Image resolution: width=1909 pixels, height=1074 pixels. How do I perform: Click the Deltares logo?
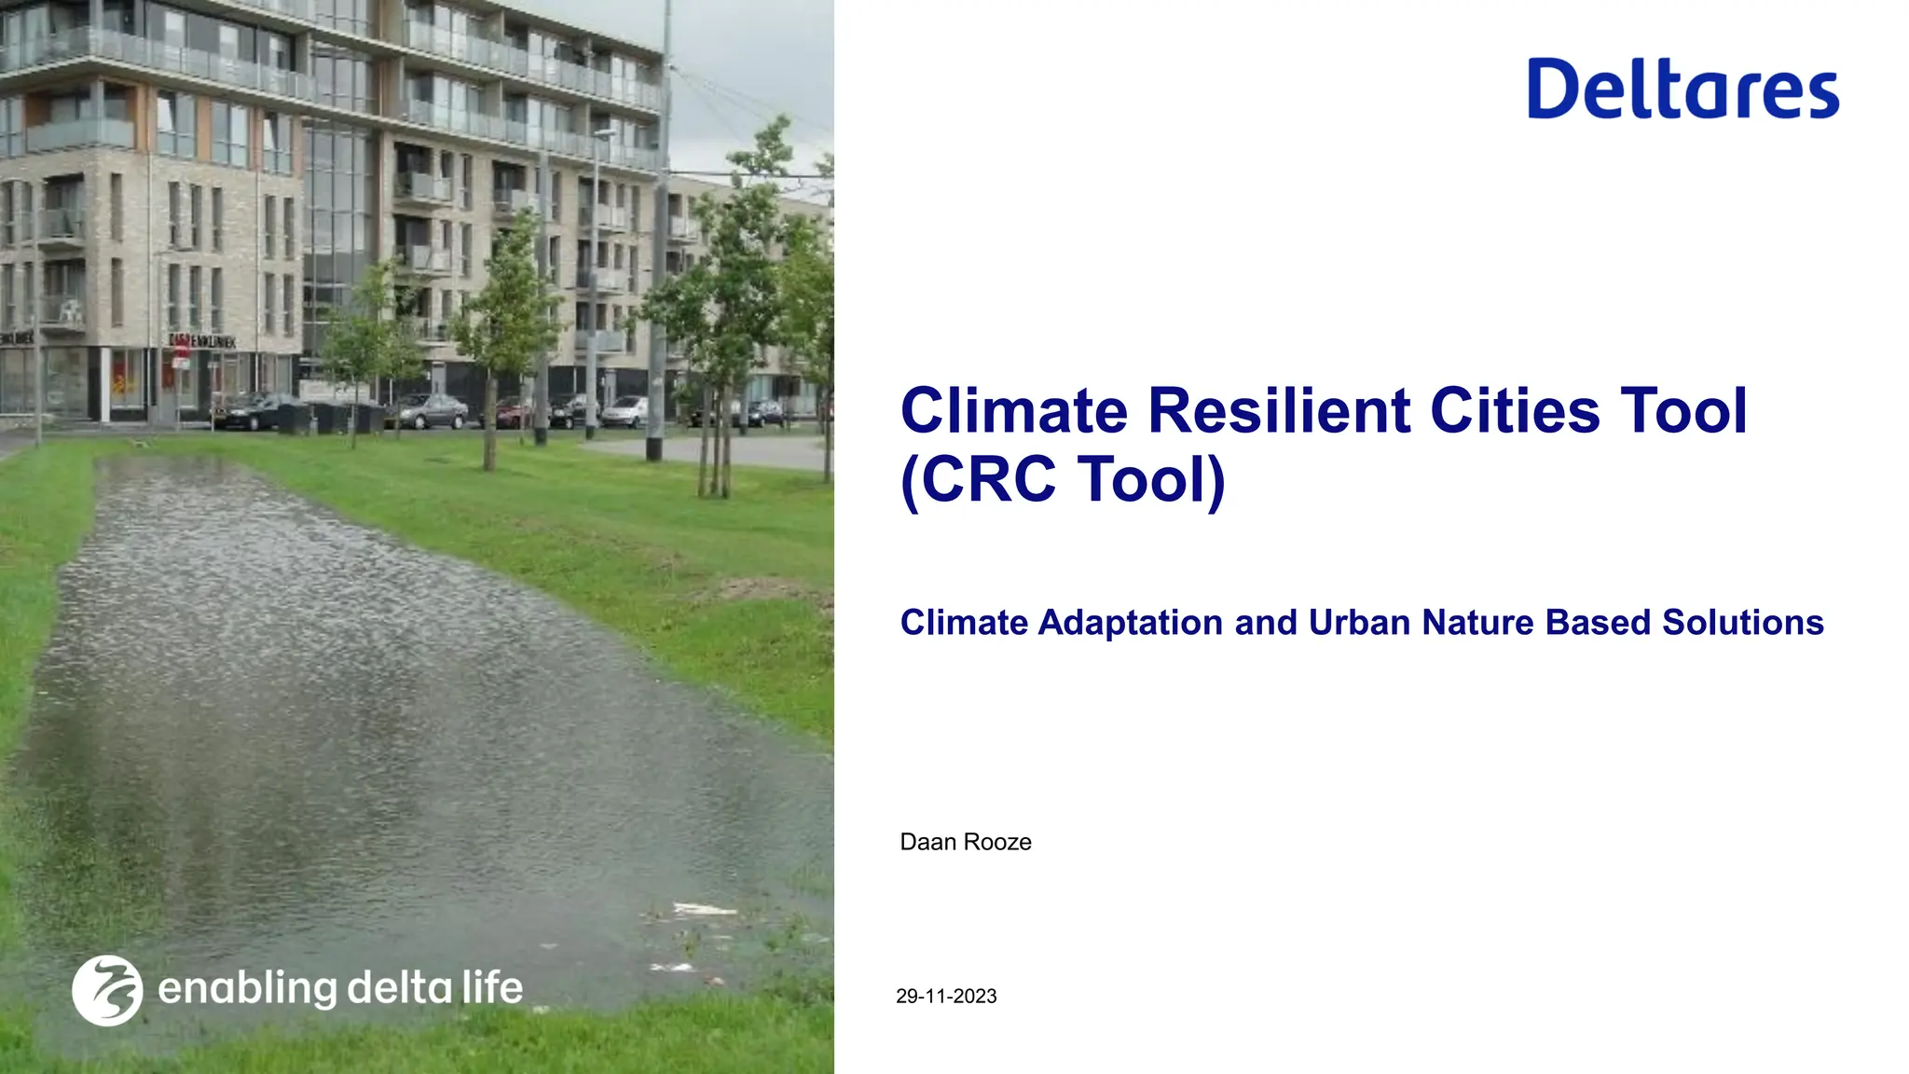click(1682, 89)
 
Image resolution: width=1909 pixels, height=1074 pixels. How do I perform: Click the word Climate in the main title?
click(1013, 411)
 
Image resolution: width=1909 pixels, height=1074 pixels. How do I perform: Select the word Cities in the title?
click(1515, 411)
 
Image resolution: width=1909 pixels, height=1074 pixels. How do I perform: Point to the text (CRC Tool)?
click(1063, 480)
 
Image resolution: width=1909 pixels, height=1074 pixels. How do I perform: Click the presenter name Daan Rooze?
click(965, 842)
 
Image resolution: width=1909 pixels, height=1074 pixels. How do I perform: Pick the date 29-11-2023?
click(946, 996)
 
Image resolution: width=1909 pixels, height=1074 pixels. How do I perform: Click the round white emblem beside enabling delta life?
click(107, 990)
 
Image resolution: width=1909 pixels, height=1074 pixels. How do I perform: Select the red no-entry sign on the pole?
click(181, 351)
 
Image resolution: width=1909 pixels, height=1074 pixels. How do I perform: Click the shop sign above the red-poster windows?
click(202, 341)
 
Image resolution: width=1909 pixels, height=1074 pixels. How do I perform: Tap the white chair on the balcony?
click(67, 311)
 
